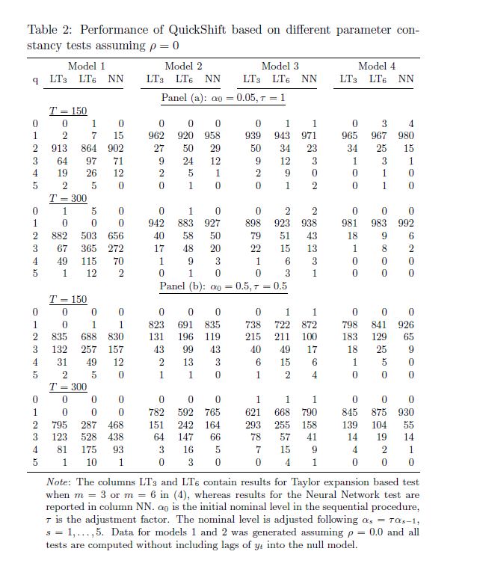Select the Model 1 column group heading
point(86,67)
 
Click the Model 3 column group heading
point(280,67)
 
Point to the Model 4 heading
point(377,67)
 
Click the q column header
point(34,79)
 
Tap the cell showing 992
point(406,222)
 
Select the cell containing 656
point(115,235)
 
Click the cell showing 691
point(184,325)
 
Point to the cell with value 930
point(406,412)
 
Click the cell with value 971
point(309,136)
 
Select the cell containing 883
point(184,222)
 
